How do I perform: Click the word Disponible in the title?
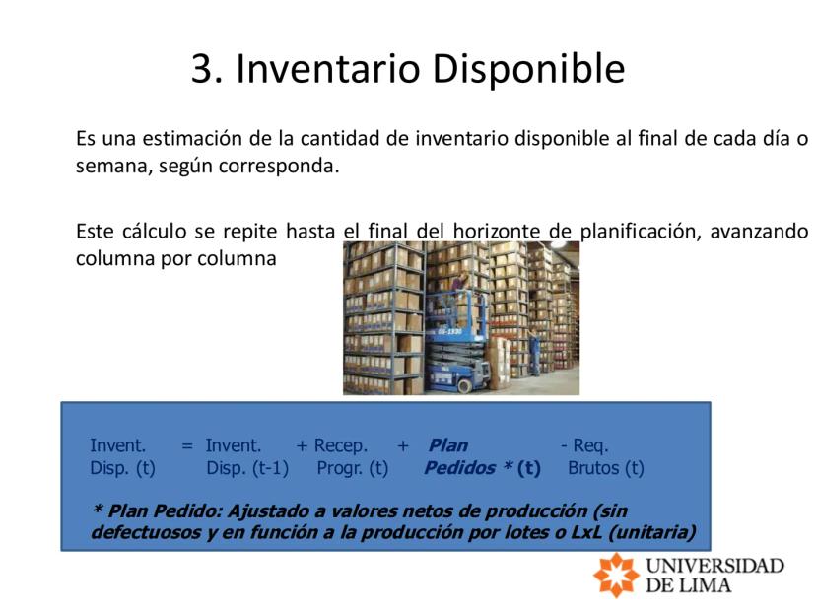[529, 69]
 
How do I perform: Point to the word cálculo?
[154, 231]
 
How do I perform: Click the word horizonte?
[497, 231]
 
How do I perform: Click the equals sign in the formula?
[187, 446]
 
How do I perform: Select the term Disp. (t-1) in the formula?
[247, 468]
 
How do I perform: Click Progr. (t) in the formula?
[353, 468]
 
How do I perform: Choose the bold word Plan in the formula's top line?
[448, 445]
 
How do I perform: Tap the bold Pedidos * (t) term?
[483, 468]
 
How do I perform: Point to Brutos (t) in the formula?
[606, 468]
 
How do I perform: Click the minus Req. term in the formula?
[584, 445]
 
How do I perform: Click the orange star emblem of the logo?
[616, 575]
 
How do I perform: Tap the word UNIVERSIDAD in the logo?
[715, 566]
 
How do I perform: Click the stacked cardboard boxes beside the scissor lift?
[500, 364]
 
